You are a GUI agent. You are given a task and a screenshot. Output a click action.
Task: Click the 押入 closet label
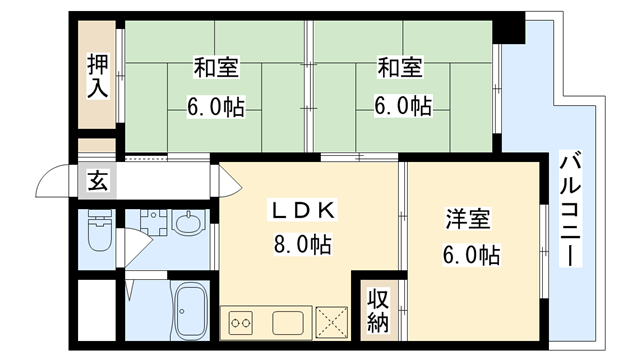coord(97,76)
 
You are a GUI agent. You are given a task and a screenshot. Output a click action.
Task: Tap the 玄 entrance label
coord(98,182)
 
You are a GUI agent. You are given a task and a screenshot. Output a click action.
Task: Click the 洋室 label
coord(467,220)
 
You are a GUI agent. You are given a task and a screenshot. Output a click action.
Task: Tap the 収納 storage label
coord(377,310)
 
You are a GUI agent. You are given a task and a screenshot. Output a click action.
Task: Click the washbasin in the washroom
coord(187,221)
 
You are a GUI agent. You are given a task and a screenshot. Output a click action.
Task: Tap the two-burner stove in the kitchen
coord(241,322)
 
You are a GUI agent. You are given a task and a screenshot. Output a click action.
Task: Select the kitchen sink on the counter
coord(287,322)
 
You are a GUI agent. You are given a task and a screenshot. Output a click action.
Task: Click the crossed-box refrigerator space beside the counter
coord(331,322)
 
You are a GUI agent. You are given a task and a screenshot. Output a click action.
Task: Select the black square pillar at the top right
coord(511,28)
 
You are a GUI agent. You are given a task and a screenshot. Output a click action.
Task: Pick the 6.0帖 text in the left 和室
coord(214,105)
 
